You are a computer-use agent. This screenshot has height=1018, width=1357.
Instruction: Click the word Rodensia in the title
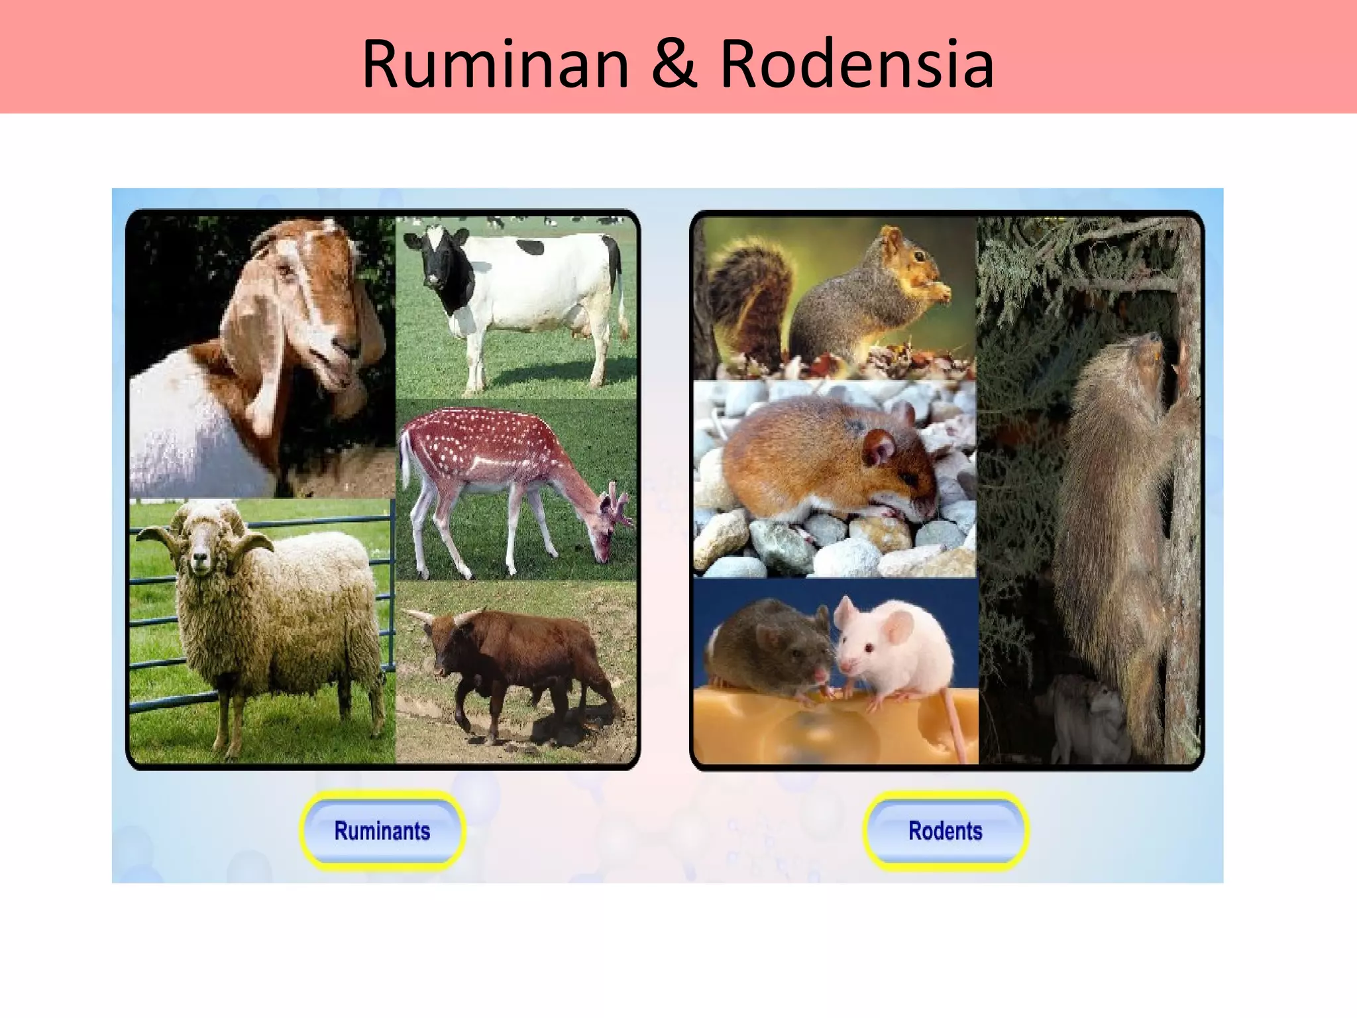tap(857, 64)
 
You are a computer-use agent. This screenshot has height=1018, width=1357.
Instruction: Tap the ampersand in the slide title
tap(675, 64)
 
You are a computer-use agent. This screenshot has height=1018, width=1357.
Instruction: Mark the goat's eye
tap(286, 270)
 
